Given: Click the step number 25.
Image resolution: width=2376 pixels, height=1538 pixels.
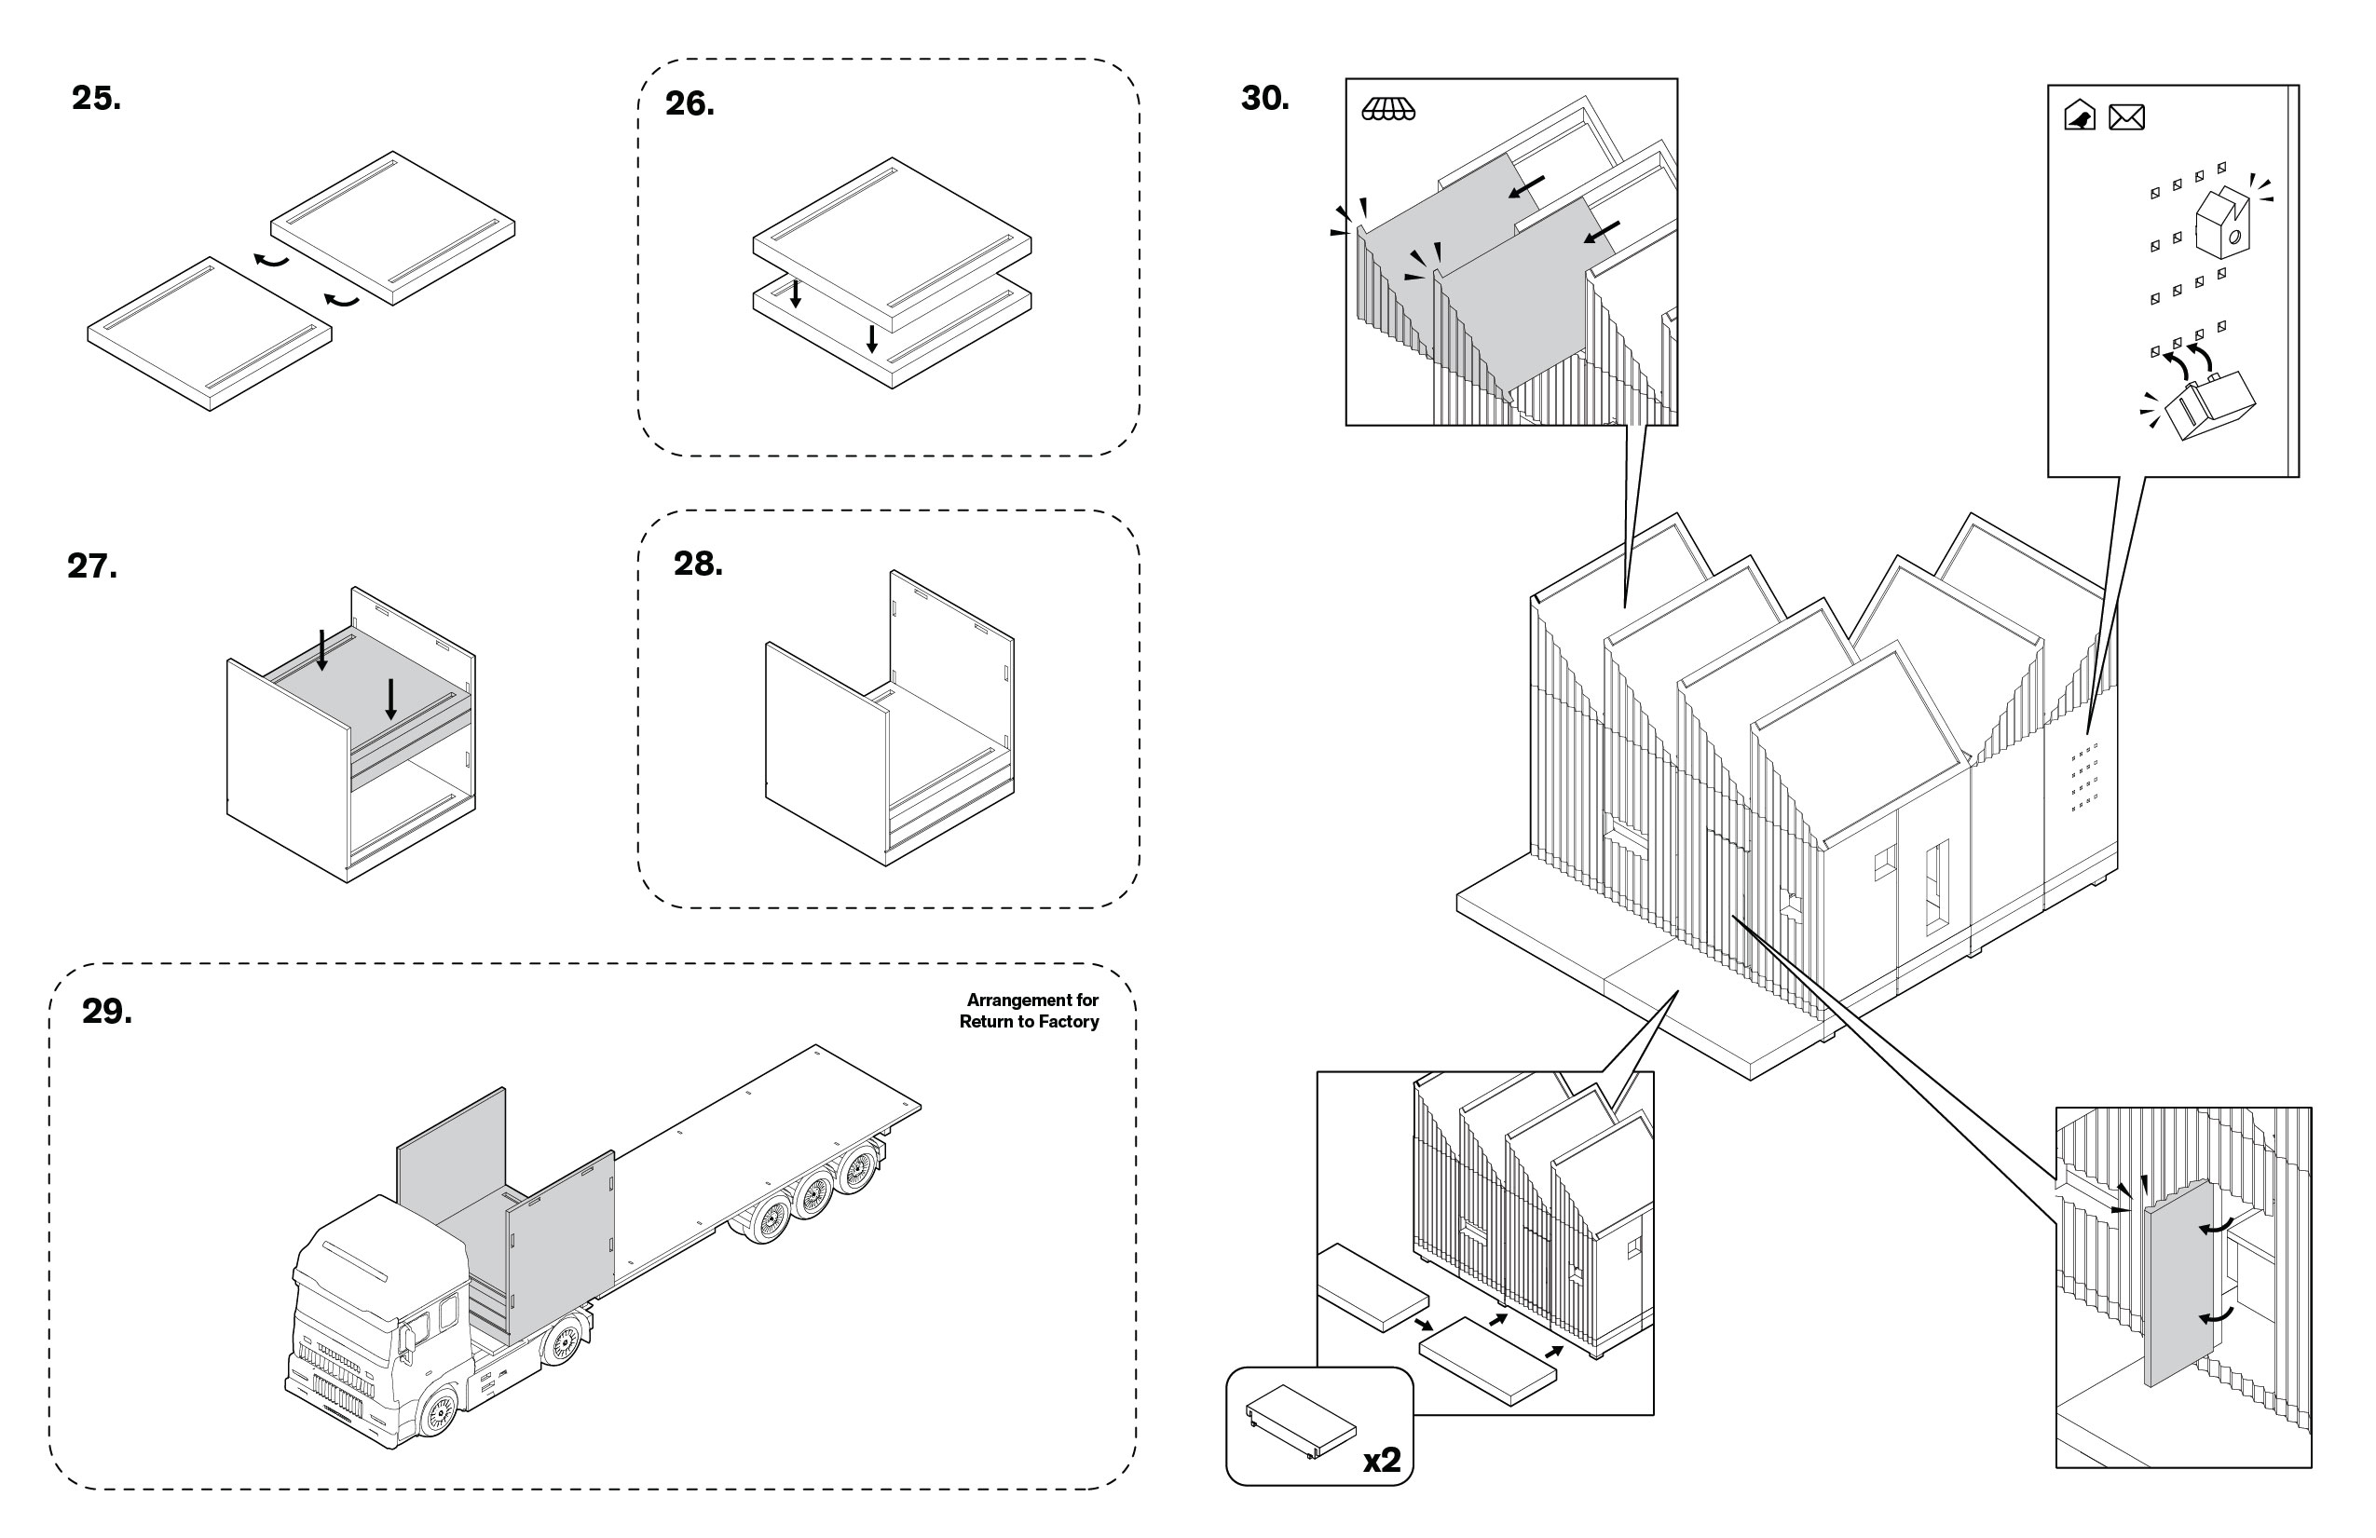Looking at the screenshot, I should [x=96, y=98].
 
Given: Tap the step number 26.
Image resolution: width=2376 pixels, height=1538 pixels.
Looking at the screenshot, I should [x=689, y=103].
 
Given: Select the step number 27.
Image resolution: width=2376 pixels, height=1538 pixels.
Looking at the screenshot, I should [x=92, y=565].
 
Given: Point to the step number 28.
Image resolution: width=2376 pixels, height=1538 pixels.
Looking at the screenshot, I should [x=698, y=564].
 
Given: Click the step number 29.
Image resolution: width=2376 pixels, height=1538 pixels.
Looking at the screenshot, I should [x=106, y=1011].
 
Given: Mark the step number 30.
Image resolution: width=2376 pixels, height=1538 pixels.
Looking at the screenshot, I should [x=1263, y=98].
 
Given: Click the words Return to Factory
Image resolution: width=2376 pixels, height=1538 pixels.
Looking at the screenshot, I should [x=1029, y=1021].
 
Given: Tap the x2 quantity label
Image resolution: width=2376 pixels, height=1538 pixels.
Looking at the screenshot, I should [x=1382, y=1460].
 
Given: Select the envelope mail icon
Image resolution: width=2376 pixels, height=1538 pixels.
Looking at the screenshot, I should [x=2125, y=117].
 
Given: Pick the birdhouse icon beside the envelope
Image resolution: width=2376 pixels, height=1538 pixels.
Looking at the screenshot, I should [x=2080, y=116].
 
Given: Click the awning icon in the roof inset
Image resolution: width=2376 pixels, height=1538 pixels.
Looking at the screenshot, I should [x=1387, y=109].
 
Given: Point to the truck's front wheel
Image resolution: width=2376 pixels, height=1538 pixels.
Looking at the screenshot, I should [x=436, y=1413].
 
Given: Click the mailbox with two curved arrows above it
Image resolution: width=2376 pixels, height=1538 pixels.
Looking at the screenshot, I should [x=2208, y=404].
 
